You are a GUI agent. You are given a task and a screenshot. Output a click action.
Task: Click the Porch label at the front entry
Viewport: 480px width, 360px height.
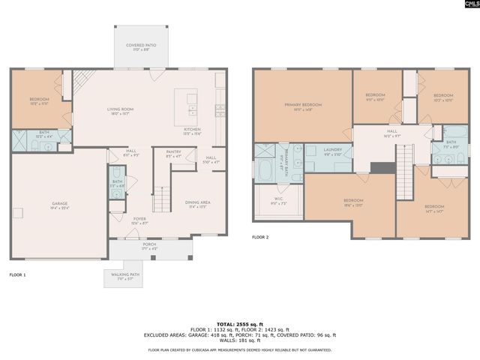[150, 244]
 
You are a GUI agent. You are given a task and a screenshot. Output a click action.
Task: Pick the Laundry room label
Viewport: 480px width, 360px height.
[332, 150]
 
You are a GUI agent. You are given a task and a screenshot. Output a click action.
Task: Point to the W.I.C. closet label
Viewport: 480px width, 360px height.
[277, 201]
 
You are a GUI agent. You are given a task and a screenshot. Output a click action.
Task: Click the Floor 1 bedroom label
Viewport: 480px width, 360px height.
[39, 99]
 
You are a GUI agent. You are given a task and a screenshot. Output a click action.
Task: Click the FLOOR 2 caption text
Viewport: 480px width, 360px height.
[260, 237]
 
